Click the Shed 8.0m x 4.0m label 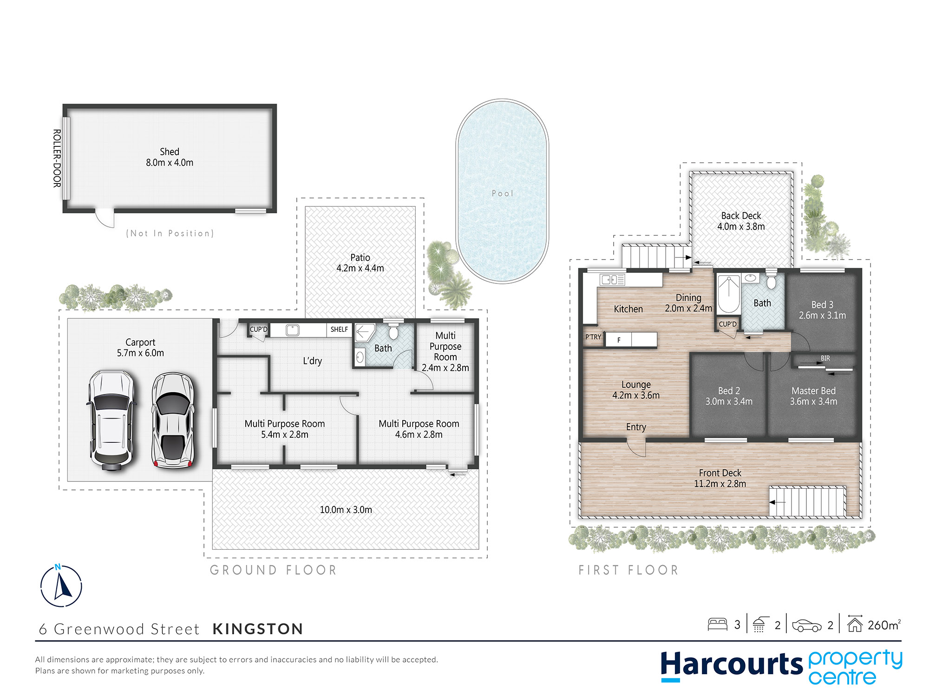pos(170,157)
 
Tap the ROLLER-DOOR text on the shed pos(57,158)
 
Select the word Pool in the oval pos(503,193)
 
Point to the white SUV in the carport pos(111,420)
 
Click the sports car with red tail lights pos(173,420)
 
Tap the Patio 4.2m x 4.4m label pos(360,263)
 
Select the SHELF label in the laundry pos(339,329)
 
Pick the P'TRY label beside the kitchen pos(593,337)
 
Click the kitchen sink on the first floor pos(612,279)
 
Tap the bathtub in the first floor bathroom pos(729,294)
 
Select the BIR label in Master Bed pos(825,358)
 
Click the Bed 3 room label pos(822,310)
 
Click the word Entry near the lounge pos(636,427)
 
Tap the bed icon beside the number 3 pos(717,624)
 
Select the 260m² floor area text pos(884,625)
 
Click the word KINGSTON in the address pos(258,629)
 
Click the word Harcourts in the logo pos(732,664)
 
